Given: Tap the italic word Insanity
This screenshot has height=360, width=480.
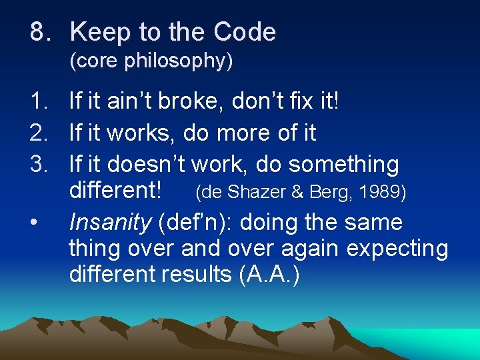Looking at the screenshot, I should coord(110,223).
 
